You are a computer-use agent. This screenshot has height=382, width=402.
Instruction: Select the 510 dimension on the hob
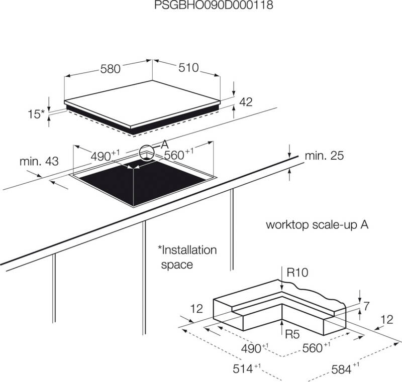188,67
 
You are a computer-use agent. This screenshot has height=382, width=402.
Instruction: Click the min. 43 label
39,162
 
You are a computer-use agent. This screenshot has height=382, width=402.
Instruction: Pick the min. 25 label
324,156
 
